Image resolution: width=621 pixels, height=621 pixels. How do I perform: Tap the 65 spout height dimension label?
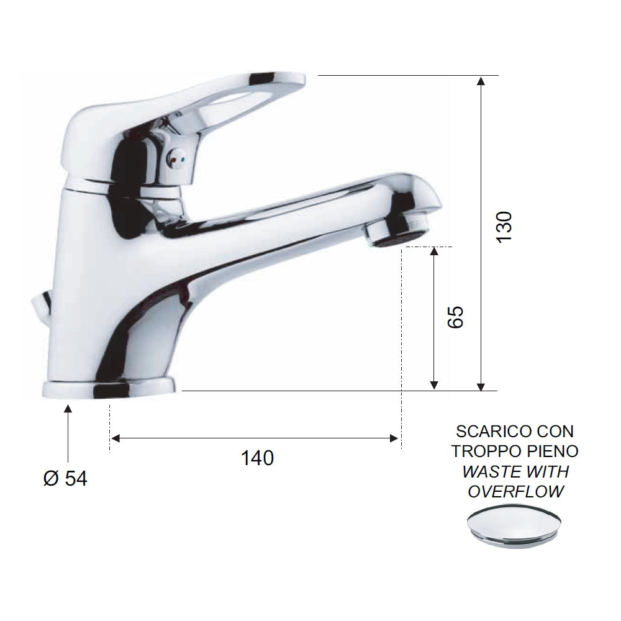(x=455, y=317)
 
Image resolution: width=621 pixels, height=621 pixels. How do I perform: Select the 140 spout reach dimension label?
(x=256, y=458)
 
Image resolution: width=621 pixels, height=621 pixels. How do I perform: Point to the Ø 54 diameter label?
(x=66, y=478)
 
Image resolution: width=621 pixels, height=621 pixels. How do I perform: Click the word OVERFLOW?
(x=515, y=492)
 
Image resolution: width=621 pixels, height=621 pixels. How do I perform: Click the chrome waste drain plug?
(x=515, y=525)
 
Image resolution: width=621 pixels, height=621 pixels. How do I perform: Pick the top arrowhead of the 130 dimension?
(x=481, y=80)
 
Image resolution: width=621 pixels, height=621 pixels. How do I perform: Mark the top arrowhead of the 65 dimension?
(x=434, y=252)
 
